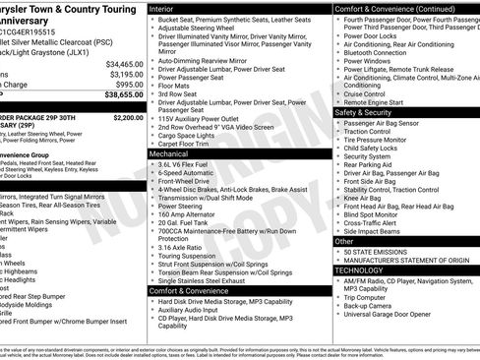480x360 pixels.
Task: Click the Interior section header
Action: tap(161, 7)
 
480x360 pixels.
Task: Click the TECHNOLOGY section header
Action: tap(358, 270)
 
